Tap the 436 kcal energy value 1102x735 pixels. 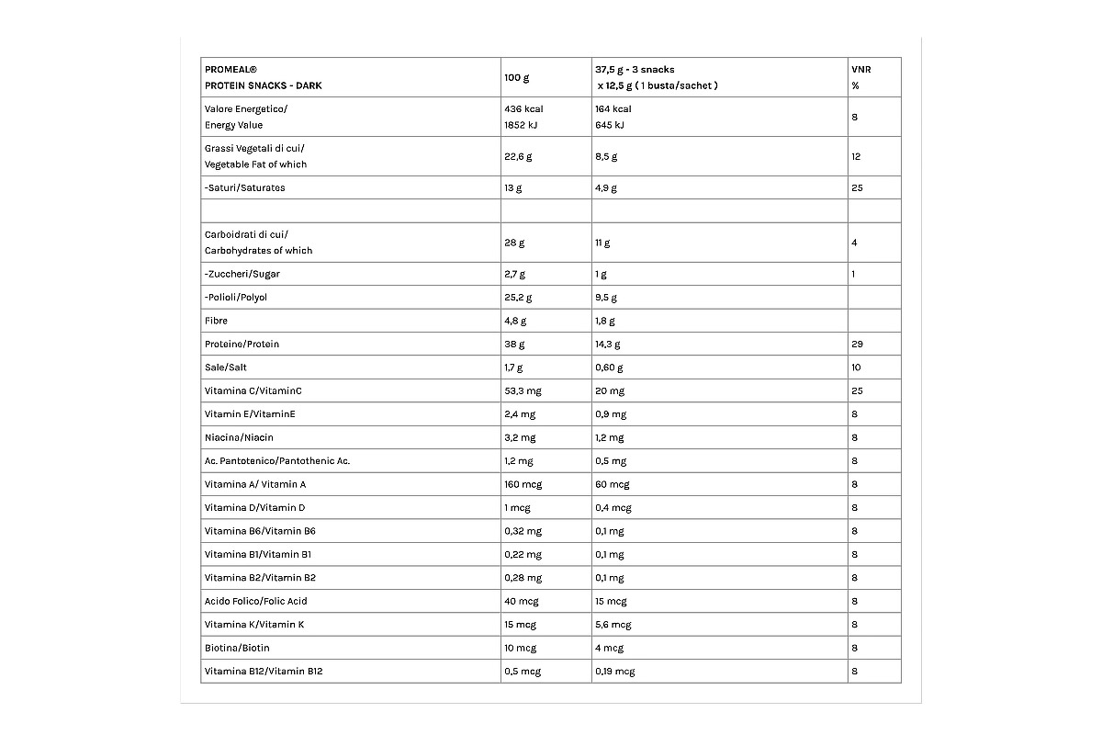524,109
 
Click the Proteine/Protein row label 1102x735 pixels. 242,345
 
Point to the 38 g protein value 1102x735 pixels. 515,345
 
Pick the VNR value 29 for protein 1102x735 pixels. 857,345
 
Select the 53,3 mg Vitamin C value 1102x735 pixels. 523,391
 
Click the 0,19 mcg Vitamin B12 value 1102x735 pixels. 614,672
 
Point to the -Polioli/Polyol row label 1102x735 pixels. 236,298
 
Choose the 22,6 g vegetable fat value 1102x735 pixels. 518,156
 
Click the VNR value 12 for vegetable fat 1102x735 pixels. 856,156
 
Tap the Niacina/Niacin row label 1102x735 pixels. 239,437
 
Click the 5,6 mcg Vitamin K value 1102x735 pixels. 613,625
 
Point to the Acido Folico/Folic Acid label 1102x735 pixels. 255,602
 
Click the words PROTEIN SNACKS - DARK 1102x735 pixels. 264,85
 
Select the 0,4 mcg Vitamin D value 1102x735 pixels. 613,508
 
